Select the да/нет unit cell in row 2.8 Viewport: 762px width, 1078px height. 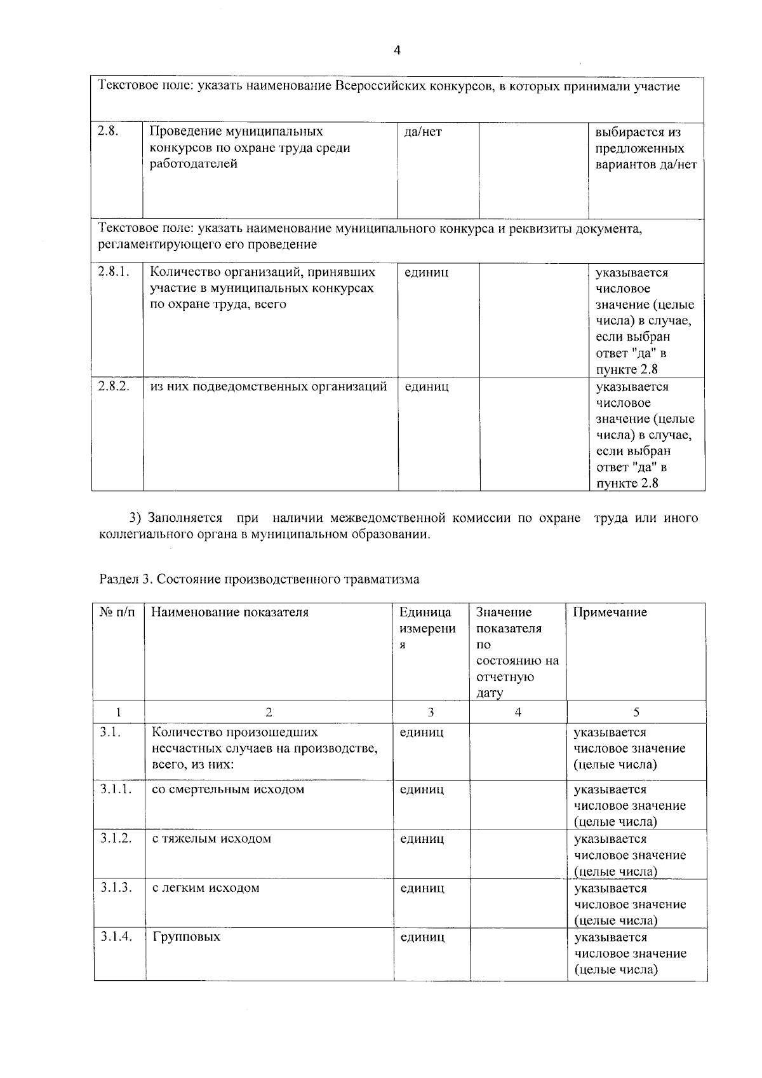(x=423, y=132)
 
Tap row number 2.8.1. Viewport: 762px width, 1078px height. (x=114, y=271)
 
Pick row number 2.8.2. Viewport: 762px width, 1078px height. (x=114, y=386)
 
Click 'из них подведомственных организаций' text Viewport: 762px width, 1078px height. (x=268, y=386)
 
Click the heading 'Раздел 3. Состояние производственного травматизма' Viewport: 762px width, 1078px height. (x=259, y=579)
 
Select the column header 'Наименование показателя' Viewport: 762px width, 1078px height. (x=230, y=612)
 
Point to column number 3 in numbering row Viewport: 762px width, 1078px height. (x=431, y=713)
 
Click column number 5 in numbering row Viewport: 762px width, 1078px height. (x=636, y=713)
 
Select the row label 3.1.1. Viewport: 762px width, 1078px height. (x=116, y=789)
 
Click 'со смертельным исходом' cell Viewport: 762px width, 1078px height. (x=228, y=789)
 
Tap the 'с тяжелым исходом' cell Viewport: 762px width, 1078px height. (x=211, y=838)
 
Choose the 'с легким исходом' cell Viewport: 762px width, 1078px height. (x=206, y=888)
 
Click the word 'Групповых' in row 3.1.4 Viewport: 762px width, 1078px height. (x=186, y=937)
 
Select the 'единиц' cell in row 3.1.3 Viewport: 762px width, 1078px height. (x=422, y=888)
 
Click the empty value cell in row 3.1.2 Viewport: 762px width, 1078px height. (x=518, y=854)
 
